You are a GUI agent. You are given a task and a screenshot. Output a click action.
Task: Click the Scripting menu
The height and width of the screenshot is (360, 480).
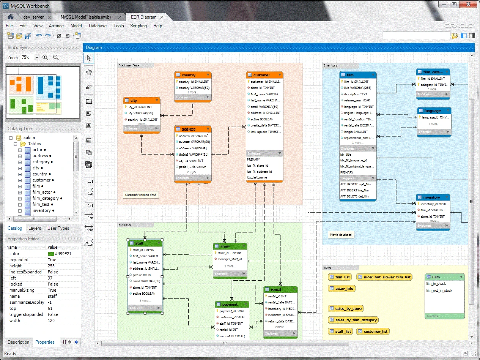tap(138, 26)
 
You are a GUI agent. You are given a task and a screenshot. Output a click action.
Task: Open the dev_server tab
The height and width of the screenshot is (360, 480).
tap(33, 17)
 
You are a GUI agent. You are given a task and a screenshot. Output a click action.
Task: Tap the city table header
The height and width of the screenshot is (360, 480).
tap(141, 101)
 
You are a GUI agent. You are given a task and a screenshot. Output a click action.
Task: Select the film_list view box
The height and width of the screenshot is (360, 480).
tap(340, 277)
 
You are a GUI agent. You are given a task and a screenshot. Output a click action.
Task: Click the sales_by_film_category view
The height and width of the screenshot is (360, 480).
tap(353, 320)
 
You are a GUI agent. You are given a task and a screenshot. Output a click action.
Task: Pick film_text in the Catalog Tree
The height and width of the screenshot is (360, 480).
tap(41, 204)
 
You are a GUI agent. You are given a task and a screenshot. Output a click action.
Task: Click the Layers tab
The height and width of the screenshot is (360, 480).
tap(35, 228)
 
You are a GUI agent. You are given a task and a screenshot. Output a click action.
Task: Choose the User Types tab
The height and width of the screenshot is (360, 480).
tap(58, 228)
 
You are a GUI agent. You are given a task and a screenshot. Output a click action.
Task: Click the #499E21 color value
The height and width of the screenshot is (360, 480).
tap(63, 254)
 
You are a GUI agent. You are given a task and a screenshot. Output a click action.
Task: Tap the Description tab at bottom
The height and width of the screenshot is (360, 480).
tap(18, 342)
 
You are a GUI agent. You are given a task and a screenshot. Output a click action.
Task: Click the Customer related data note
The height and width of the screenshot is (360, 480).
tap(140, 195)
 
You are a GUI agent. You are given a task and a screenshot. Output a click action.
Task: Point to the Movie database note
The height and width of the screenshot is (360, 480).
tap(341, 235)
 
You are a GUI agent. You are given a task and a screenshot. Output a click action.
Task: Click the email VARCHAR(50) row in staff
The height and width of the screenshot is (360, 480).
tap(146, 281)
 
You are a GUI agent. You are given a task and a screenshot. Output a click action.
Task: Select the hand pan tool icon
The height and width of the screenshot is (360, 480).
tap(89, 72)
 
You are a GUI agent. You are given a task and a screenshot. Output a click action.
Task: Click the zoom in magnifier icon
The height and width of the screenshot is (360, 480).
tap(45, 57)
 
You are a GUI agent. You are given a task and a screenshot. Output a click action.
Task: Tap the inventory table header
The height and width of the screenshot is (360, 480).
tap(432, 197)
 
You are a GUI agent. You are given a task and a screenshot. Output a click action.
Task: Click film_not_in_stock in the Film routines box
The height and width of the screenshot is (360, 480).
tap(439, 291)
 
